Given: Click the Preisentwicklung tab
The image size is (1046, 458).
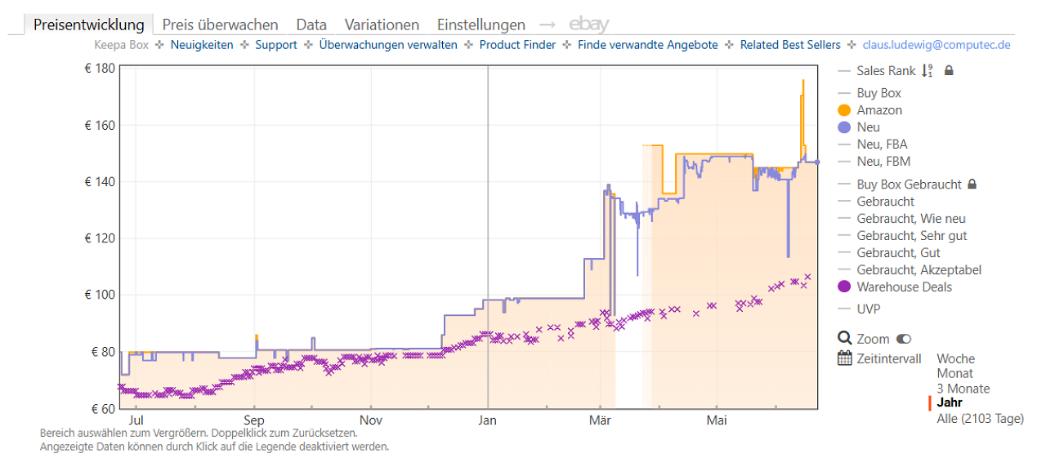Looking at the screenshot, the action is tap(89, 24).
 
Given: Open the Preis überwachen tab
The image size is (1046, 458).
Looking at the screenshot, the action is tap(220, 24).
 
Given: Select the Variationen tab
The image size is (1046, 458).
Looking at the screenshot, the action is tap(382, 24).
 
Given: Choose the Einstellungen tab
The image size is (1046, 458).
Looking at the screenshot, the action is tap(481, 24).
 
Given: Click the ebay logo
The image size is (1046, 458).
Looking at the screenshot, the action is tap(589, 24).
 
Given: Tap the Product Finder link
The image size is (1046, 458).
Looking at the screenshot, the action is tap(517, 45).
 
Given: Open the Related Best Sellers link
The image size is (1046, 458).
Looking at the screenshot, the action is tap(790, 45).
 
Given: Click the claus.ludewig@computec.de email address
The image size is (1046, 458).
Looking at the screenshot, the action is tap(936, 45).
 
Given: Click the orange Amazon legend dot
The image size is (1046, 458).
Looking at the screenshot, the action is tap(844, 110).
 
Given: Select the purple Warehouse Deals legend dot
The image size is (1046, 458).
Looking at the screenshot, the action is tap(844, 287).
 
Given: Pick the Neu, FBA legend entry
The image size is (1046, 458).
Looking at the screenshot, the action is tap(882, 145).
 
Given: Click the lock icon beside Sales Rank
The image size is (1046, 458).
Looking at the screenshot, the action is tap(949, 70).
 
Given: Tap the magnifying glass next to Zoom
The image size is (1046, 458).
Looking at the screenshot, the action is tap(845, 338).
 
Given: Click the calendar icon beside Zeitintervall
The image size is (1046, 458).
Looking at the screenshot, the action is tap(845, 358).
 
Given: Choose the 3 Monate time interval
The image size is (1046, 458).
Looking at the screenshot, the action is tap(963, 389).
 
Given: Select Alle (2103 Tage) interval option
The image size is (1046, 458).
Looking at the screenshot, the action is tap(980, 418).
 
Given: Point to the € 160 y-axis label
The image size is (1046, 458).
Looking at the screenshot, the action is tap(100, 126).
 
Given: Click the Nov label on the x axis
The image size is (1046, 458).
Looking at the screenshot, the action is tap(371, 420).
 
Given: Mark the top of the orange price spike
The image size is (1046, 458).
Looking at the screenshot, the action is tap(803, 81).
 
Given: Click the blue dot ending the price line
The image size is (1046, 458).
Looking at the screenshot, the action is tap(817, 162).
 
